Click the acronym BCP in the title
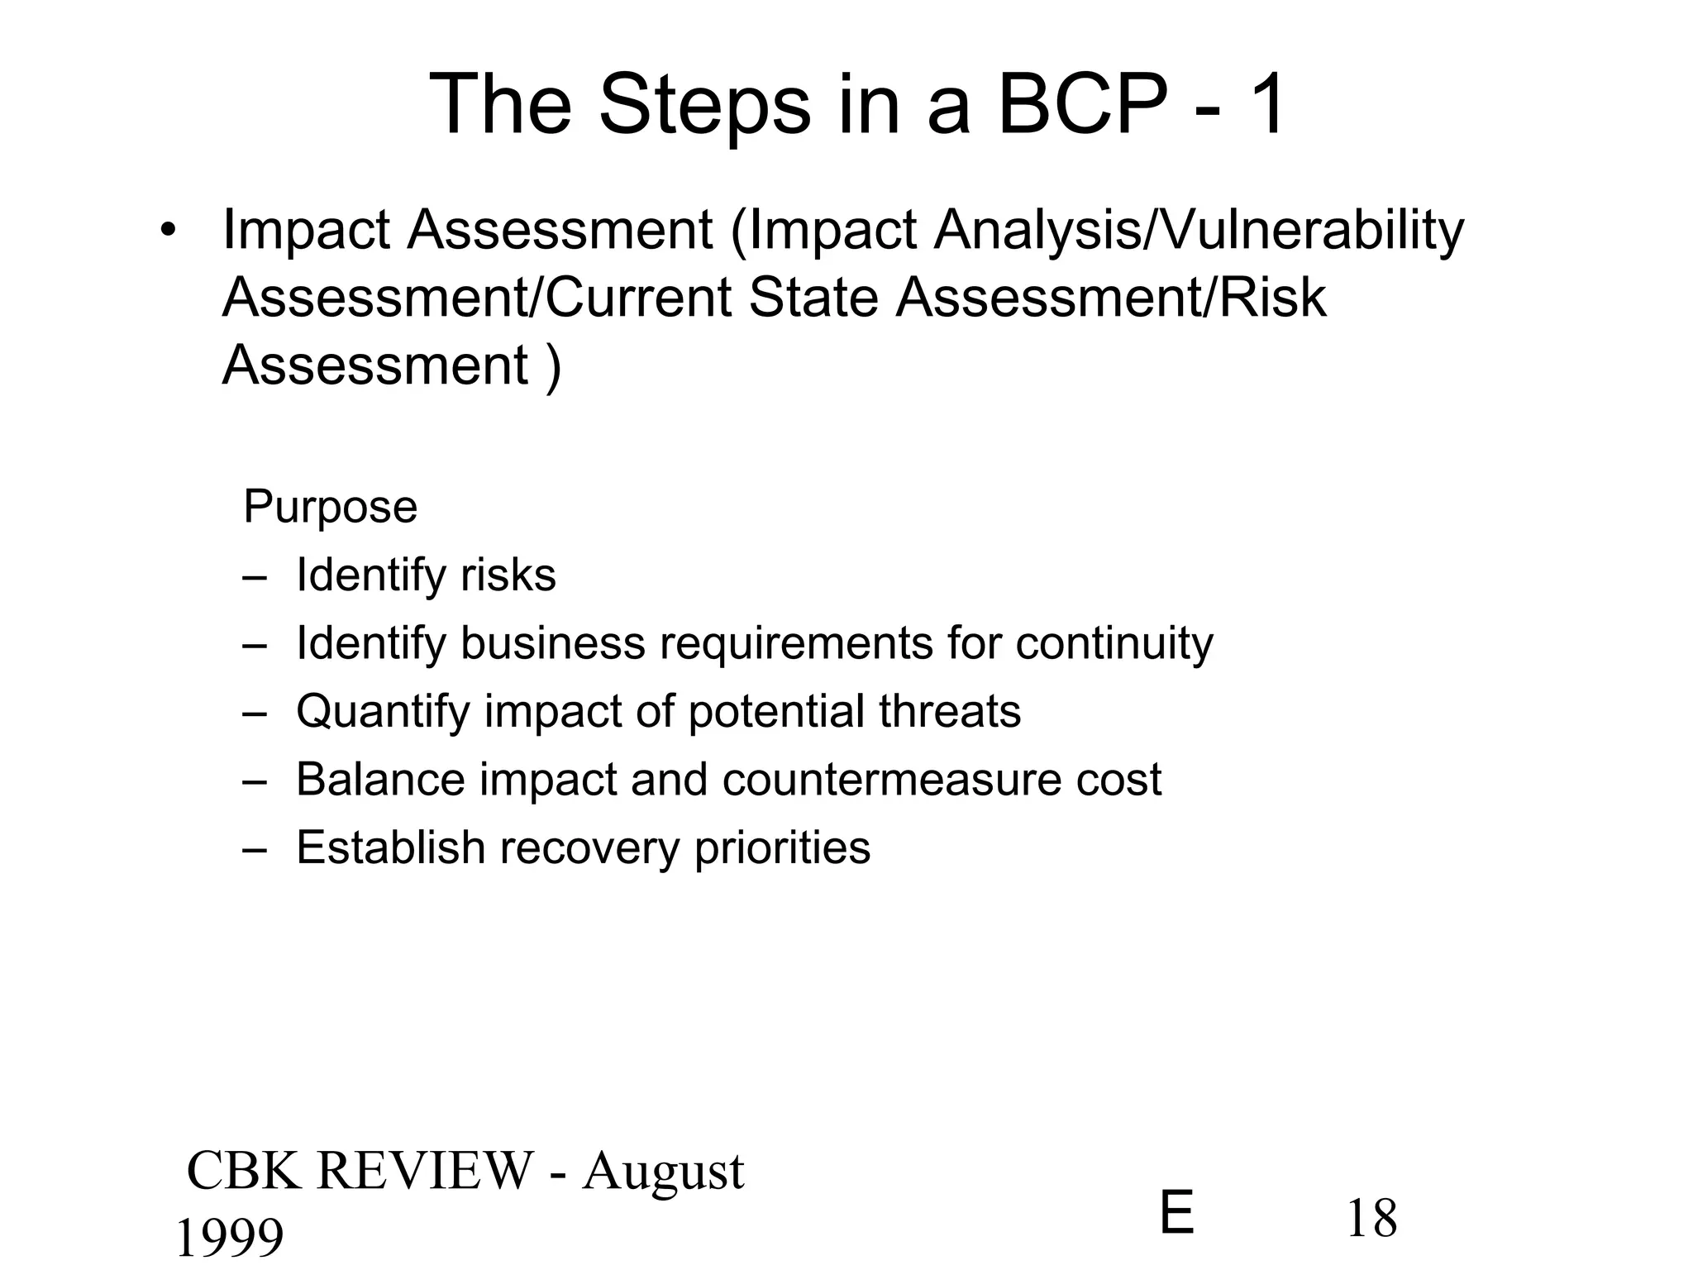coord(1079,106)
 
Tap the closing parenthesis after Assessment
coord(553,366)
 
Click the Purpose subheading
coord(330,506)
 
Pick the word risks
coord(508,575)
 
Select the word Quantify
coord(383,712)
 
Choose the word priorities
coord(782,848)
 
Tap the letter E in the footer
coord(1177,1214)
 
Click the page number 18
coord(1372,1218)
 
